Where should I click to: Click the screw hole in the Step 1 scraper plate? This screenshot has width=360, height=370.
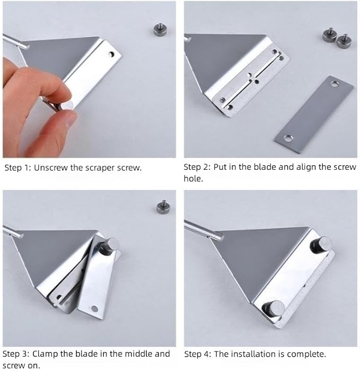[111, 55]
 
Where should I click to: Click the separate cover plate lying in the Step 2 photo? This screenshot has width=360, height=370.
[314, 115]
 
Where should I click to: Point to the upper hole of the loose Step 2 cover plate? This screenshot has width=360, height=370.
[335, 84]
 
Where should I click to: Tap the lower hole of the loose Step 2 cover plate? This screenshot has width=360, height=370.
[287, 138]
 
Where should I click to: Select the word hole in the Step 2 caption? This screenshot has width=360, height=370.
[193, 178]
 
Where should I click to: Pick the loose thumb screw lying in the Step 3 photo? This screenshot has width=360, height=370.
[163, 207]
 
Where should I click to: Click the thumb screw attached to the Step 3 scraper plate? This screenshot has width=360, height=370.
[110, 246]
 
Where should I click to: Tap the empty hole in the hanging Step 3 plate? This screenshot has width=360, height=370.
[94, 308]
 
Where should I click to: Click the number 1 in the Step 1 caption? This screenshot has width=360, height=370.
[27, 168]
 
